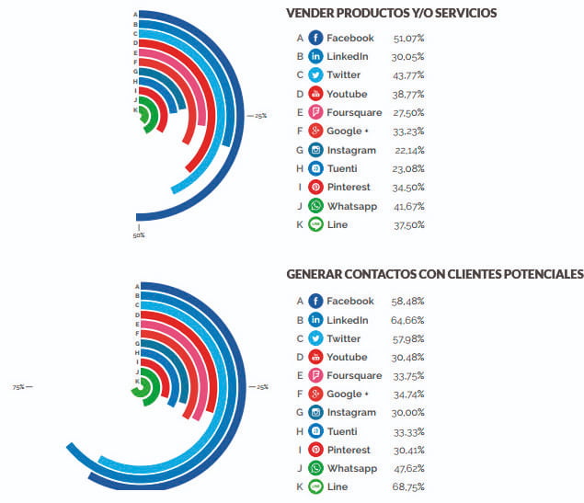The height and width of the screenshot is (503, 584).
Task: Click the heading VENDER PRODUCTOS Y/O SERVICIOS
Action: click(391, 13)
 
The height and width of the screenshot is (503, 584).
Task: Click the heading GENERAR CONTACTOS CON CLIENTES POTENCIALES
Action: click(434, 274)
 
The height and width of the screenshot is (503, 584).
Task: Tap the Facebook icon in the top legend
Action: click(315, 38)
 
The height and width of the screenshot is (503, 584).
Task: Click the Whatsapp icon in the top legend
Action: click(315, 206)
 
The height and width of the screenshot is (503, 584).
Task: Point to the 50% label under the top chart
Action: click(138, 235)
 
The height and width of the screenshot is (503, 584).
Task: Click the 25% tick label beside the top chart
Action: click(260, 116)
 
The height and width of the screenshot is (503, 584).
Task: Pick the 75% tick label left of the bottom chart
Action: click(18, 387)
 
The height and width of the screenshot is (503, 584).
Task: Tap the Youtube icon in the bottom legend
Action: click(315, 357)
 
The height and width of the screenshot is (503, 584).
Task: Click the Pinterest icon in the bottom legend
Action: click(315, 450)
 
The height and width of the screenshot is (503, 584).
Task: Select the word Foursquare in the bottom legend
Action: click(354, 375)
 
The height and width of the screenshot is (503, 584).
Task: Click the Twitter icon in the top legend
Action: click(315, 75)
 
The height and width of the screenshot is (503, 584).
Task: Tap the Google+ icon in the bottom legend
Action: click(315, 394)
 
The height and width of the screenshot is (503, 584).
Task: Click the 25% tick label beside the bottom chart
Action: click(260, 387)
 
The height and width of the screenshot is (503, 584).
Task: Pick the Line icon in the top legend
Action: click(315, 224)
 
